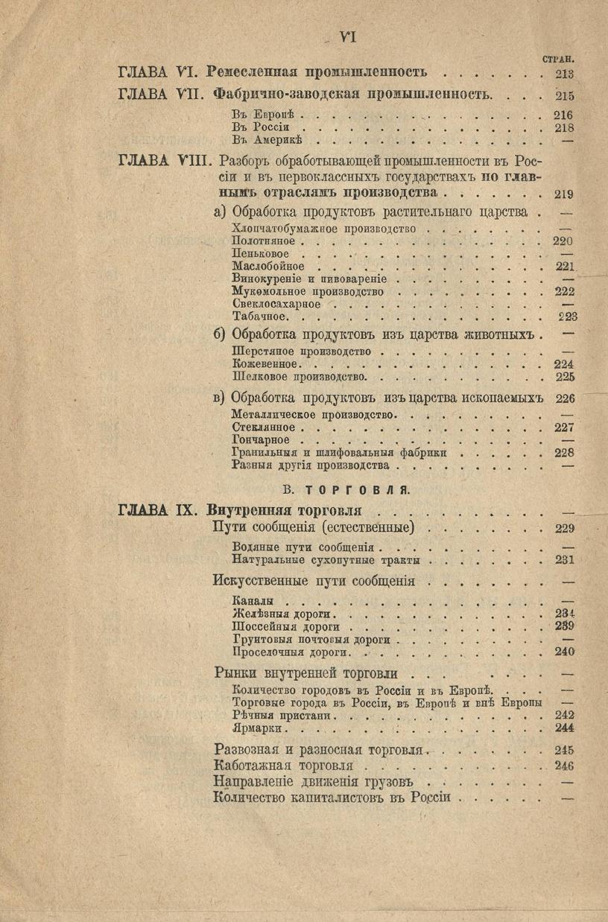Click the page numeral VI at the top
click(x=348, y=35)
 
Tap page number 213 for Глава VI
click(x=564, y=73)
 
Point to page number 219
click(x=564, y=194)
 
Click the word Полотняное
click(x=264, y=241)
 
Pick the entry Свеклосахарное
click(x=276, y=304)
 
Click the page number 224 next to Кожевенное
click(x=564, y=364)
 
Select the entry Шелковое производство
click(x=297, y=377)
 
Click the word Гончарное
click(x=261, y=439)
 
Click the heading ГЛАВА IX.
click(x=156, y=511)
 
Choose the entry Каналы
click(x=253, y=600)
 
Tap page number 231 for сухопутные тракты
click(x=564, y=559)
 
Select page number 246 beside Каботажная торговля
click(x=564, y=766)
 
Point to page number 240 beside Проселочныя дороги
click(x=564, y=651)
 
